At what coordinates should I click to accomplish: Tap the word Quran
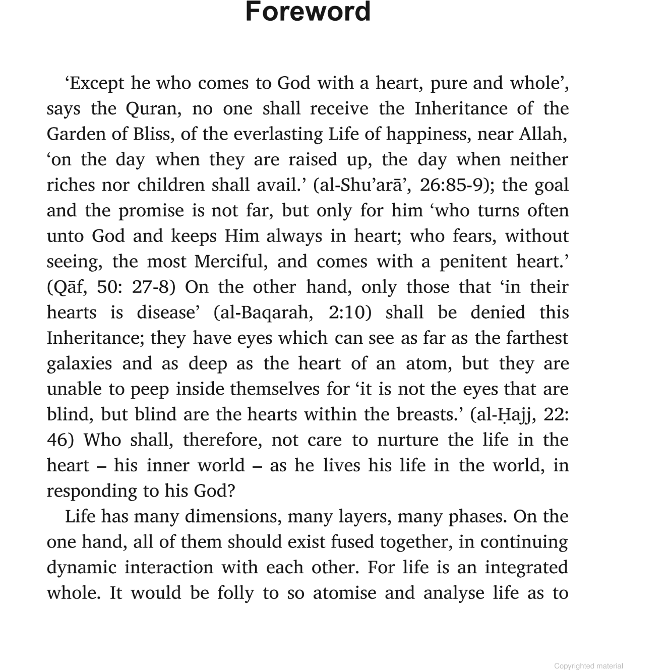147,108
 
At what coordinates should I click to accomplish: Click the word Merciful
231,262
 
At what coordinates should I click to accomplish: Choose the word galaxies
79,363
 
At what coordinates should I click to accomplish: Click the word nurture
407,440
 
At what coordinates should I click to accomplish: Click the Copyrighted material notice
588,666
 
